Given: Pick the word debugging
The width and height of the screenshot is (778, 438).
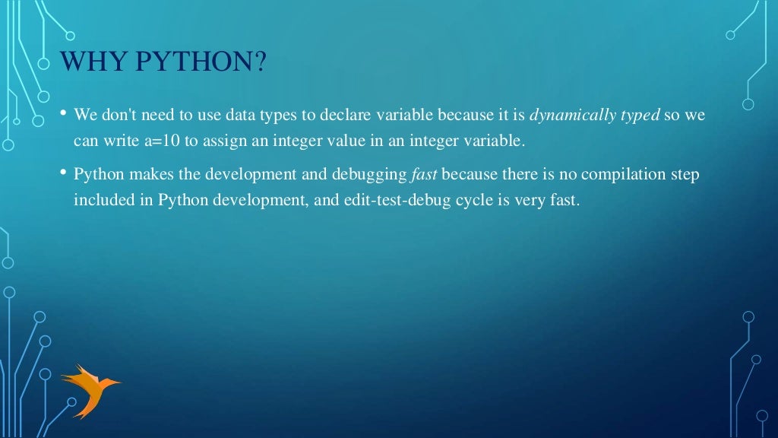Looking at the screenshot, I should point(369,174).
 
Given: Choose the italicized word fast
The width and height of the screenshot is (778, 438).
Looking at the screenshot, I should point(424,174).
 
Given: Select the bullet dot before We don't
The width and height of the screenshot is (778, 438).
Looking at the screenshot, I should point(63,114).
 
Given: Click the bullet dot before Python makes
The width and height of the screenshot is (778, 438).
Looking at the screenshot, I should point(63,173).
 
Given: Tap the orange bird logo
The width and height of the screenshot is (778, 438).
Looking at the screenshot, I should point(88,390).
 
